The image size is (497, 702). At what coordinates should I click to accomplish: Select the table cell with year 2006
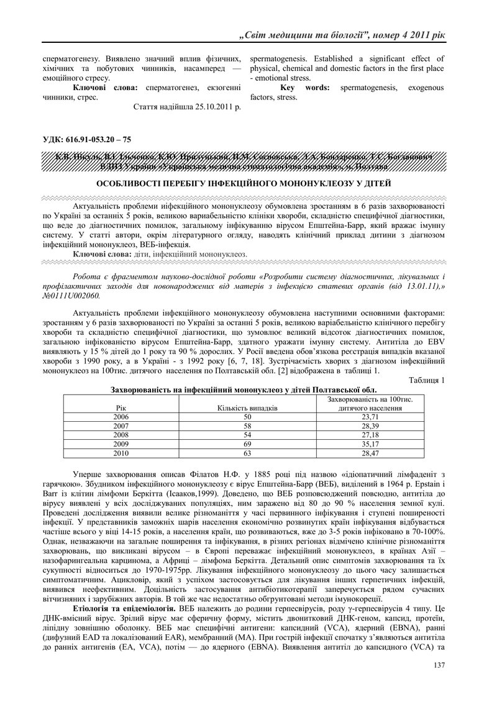tap(121, 417)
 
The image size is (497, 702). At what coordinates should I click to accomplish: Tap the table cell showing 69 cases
tap(247, 445)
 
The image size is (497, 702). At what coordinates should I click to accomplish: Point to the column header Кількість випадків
tap(247, 408)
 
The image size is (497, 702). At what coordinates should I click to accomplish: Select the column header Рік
tap(121, 408)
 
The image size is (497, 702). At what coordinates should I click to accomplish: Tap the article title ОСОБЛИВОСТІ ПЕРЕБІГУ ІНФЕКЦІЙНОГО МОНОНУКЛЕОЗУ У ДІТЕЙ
tap(248, 183)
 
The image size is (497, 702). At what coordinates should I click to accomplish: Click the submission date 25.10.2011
tap(206, 107)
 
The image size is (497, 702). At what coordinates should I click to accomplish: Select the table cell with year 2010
tap(121, 454)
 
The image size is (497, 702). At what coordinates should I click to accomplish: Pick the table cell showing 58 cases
tap(247, 426)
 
